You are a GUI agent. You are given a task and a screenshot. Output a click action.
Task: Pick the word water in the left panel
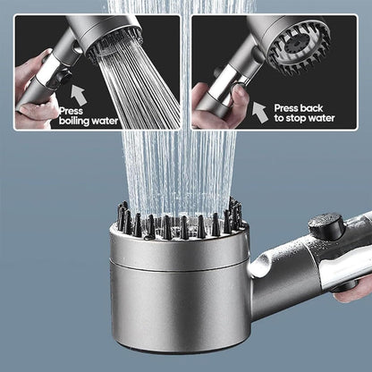pos(102,118)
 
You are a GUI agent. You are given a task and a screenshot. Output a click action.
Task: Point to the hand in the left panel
pos(36,89)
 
